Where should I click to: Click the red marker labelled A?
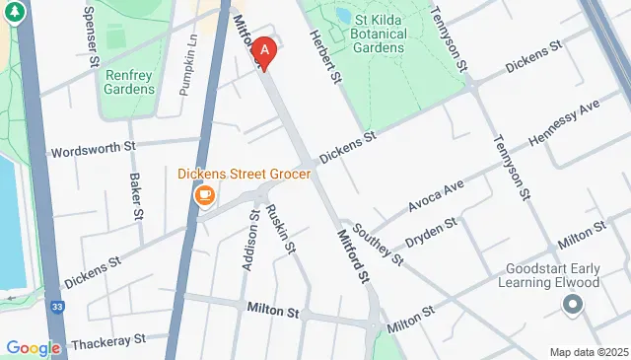263,50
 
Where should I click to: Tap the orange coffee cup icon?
205,195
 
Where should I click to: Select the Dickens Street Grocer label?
244,174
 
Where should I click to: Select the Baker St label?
136,196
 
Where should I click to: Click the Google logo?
33,347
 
